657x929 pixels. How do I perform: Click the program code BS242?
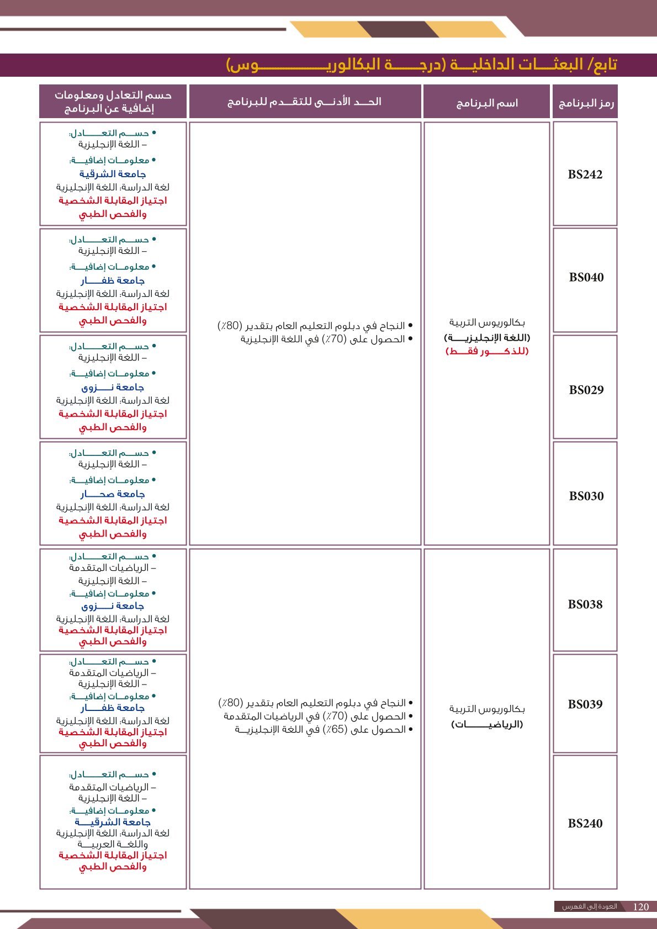coord(585,174)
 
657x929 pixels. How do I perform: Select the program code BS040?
coord(586,277)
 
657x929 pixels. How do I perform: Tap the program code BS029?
coord(586,390)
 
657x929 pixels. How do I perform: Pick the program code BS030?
coord(586,496)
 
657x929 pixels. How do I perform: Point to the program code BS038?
coord(585,604)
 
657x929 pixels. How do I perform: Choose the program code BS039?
coord(585,704)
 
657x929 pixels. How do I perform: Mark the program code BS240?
coord(585,823)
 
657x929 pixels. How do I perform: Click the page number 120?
coord(640,906)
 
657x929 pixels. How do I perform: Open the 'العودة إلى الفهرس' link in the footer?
coord(589,906)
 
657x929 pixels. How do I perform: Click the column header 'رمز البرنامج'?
coord(585,103)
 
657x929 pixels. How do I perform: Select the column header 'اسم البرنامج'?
coord(486,103)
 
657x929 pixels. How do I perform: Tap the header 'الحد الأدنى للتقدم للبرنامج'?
coord(304,102)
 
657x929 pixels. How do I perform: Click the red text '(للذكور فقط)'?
coord(486,351)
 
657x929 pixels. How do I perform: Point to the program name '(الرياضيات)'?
coord(486,724)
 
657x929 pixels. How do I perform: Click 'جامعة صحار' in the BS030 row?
coord(113,494)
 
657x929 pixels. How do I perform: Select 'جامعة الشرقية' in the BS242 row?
coord(113,174)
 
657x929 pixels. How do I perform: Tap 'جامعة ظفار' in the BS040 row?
coord(113,280)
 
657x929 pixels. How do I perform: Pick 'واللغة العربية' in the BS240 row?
coord(113,844)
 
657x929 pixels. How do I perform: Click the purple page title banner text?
coord(422,65)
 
